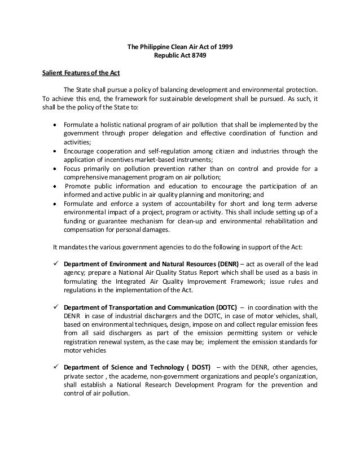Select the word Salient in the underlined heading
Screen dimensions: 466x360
tap(54, 73)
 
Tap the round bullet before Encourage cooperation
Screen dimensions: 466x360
tap(54, 152)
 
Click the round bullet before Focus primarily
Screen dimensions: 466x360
tap(54, 169)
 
